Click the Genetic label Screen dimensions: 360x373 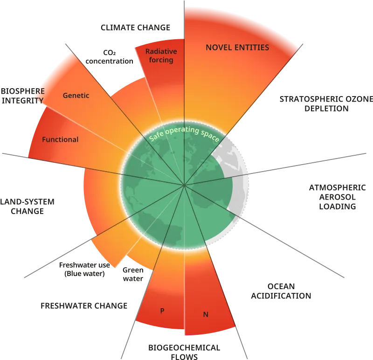pos(76,96)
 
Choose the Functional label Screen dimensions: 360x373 pos(60,139)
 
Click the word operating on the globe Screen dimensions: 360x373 pos(184,130)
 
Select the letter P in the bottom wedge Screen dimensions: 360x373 pos(162,311)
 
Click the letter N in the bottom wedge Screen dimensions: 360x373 pos(206,314)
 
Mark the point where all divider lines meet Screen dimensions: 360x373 pos(185,185)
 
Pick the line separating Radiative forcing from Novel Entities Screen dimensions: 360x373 pos(184,70)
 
